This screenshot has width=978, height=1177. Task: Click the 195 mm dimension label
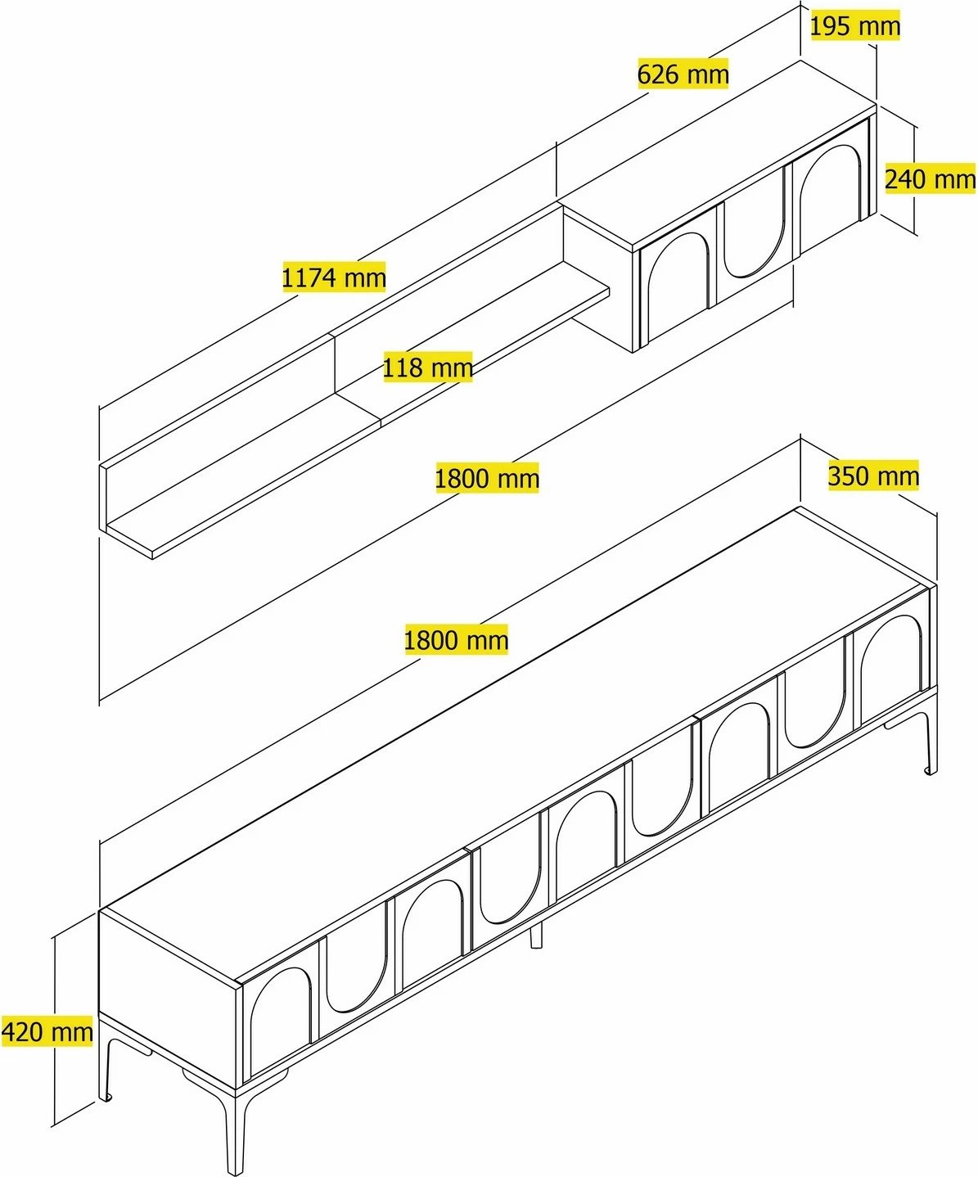coord(854,26)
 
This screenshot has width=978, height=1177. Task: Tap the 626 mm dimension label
coord(683,74)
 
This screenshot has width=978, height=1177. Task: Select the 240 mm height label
coord(930,178)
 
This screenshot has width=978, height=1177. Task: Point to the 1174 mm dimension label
coord(334,277)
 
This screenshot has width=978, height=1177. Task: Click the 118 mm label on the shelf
coord(428,368)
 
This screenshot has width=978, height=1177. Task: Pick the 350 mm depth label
coord(873,476)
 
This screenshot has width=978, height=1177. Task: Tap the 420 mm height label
coord(47,1031)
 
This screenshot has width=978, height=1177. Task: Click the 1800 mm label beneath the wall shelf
coord(487,478)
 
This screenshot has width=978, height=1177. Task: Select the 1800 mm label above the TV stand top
coord(456,639)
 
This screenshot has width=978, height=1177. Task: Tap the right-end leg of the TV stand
coord(931,743)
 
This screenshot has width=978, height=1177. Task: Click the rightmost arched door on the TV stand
coord(891,673)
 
